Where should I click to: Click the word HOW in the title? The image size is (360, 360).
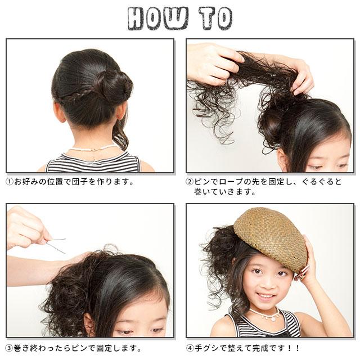point(158,19)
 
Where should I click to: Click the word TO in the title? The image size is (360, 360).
point(215,19)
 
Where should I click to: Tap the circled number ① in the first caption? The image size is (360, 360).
point(10,182)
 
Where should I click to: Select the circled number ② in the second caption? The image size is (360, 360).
point(190,182)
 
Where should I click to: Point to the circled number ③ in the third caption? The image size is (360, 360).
point(10,348)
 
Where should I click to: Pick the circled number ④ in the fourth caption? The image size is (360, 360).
point(190,348)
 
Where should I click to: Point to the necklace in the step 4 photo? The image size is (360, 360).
point(266,314)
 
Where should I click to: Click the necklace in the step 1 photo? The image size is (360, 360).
point(94,148)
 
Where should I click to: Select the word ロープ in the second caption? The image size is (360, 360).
point(231,182)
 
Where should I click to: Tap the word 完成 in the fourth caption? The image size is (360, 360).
point(260,348)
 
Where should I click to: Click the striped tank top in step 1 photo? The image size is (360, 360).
point(93,163)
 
